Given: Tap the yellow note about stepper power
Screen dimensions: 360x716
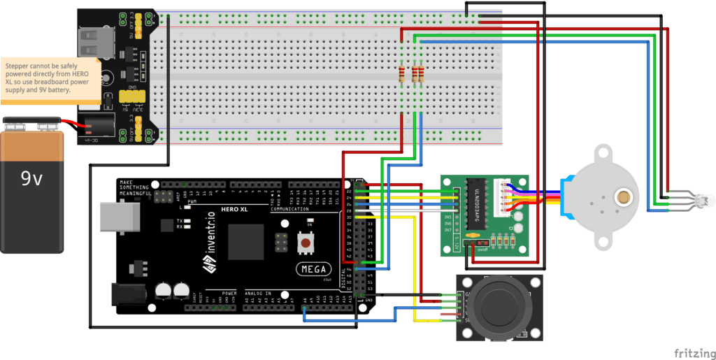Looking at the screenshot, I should (x=48, y=78).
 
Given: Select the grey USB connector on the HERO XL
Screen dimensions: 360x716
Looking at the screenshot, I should (x=111, y=216).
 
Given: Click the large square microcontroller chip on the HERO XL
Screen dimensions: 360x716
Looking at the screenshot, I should (x=245, y=242).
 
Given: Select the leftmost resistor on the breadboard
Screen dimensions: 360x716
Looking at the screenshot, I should (x=402, y=74).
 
